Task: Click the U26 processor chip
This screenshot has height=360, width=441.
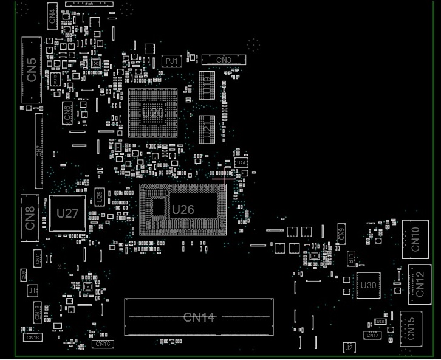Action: click(x=183, y=210)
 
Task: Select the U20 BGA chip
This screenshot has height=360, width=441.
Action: click(x=152, y=113)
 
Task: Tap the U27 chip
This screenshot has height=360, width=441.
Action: click(x=67, y=213)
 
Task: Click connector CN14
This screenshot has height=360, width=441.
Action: click(x=199, y=317)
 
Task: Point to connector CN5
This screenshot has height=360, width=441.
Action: click(x=31, y=70)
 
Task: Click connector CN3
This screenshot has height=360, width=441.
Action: click(x=224, y=60)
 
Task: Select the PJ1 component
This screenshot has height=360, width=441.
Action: click(x=172, y=61)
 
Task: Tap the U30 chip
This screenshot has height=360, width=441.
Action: click(x=368, y=285)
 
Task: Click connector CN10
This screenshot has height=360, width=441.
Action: click(x=415, y=239)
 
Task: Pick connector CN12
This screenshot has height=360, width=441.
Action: click(x=420, y=283)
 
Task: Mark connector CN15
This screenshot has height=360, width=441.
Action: click(x=411, y=328)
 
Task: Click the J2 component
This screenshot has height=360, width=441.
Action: click(x=349, y=348)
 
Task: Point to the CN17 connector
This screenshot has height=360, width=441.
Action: click(x=372, y=335)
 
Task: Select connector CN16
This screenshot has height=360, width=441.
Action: click(x=103, y=344)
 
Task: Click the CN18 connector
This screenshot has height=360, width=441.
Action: click(x=33, y=337)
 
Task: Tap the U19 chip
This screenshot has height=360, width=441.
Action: click(x=207, y=85)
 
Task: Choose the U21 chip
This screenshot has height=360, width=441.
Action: click(x=207, y=129)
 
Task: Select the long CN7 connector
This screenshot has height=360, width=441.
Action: click(x=39, y=150)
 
